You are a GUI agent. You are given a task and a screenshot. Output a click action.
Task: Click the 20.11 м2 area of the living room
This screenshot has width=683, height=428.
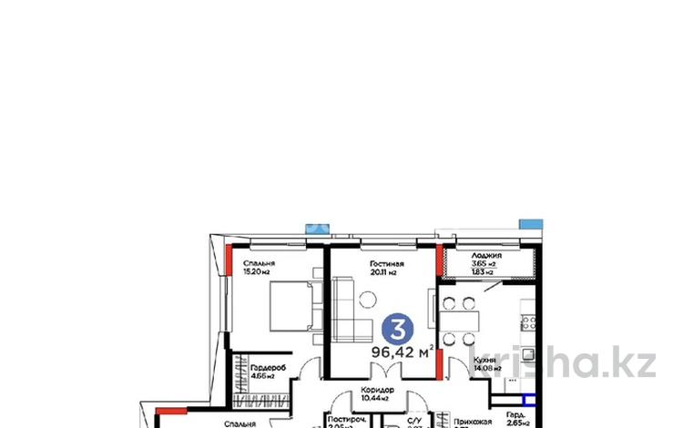click(x=386, y=273)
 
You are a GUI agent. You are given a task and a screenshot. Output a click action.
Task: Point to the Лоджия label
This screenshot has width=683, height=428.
click(x=474, y=256)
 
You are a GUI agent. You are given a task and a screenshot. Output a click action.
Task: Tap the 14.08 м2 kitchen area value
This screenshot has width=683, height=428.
click(x=485, y=369)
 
